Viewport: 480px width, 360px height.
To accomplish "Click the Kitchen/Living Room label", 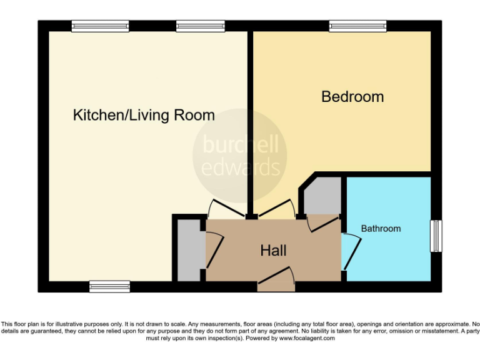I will [144, 116].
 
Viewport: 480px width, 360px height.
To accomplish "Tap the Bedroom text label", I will [352, 97].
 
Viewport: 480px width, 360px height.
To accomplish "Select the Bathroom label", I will [381, 229].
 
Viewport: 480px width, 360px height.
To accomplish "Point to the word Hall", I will [274, 251].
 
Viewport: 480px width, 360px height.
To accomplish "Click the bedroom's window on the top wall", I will [358, 26].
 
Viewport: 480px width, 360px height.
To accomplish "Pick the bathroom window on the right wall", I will [436, 236].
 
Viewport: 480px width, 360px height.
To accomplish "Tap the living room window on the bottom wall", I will [109, 286].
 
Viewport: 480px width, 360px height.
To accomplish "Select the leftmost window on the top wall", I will [100, 26].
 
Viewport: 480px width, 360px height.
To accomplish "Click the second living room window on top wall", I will [200, 26].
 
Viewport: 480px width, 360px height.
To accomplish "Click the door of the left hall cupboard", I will [214, 250].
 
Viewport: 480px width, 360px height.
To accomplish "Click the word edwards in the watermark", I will [240, 167].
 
